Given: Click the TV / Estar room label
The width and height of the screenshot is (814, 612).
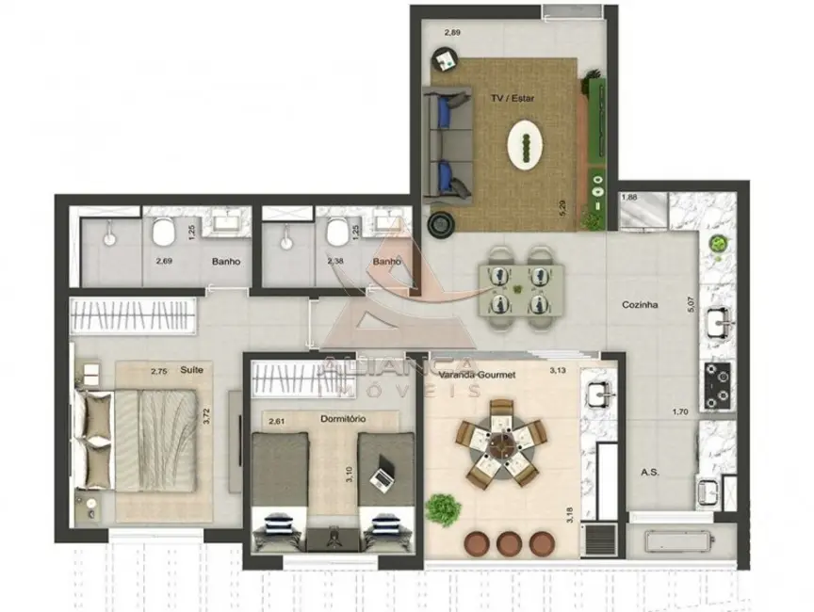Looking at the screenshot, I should coord(511,98).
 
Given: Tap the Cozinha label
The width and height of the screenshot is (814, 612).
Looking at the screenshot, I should coord(640,305).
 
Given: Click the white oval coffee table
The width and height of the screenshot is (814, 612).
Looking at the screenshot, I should coord(526,145).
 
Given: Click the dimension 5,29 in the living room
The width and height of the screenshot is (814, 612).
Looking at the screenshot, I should coord(563,209).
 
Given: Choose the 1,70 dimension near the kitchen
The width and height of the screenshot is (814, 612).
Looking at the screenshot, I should coord(678,411).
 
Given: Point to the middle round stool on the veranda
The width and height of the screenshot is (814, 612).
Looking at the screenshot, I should coord(510,543).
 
